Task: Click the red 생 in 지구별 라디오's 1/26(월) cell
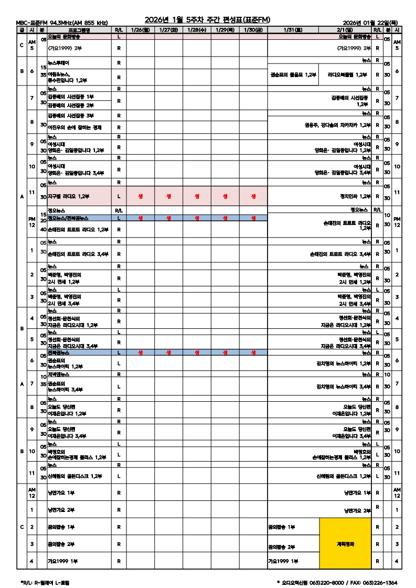[x=140, y=197]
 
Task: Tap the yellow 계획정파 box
[x=345, y=544]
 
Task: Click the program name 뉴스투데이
[x=59, y=62]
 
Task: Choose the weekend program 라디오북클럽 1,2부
[x=347, y=75]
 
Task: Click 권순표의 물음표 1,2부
[x=293, y=75]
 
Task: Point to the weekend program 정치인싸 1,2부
[x=356, y=197]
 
